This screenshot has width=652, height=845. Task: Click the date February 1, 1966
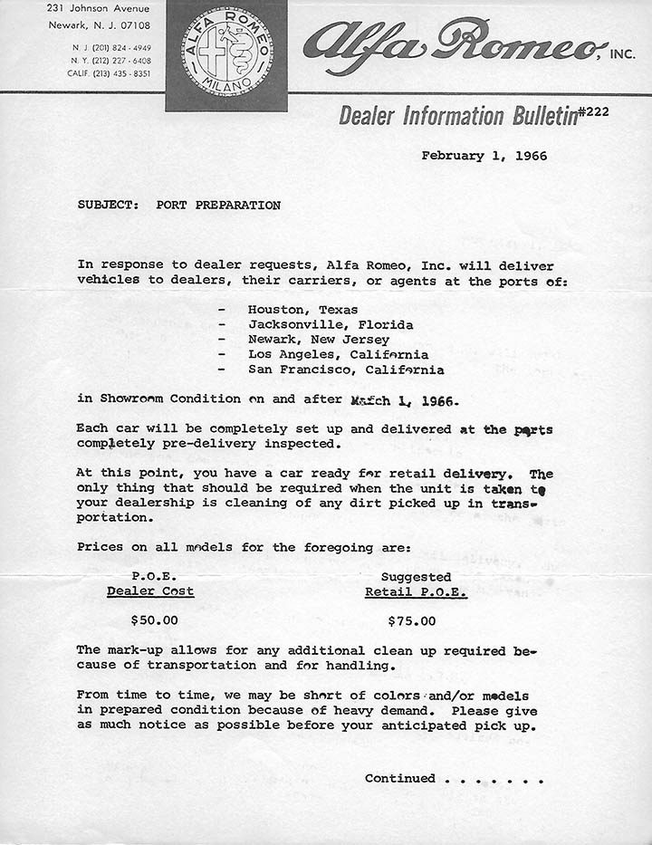click(484, 156)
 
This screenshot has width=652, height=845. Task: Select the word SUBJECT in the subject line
click(104, 205)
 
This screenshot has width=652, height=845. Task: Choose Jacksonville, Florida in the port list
click(331, 324)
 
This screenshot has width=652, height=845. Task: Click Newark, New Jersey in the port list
click(320, 340)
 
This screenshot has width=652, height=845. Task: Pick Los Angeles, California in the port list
click(338, 354)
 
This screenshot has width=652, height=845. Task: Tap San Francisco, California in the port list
click(346, 370)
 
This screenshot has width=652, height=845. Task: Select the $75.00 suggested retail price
click(411, 621)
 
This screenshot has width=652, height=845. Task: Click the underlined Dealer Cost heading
click(150, 591)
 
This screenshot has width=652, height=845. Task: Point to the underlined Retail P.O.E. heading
click(416, 592)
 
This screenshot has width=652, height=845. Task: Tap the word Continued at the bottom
click(399, 778)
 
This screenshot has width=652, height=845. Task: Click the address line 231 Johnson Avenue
click(99, 8)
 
